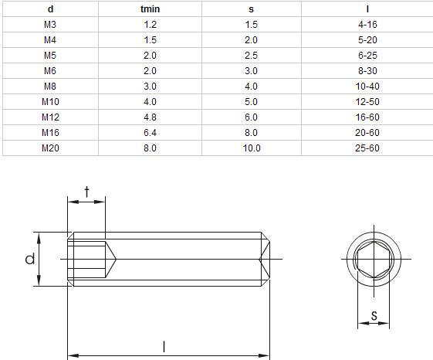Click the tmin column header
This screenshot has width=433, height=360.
point(150,9)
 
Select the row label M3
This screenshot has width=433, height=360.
point(50,25)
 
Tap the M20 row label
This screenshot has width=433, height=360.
point(50,148)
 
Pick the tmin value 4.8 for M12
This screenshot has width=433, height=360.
point(150,117)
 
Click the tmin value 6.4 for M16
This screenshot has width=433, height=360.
point(150,133)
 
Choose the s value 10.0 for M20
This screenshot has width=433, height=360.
point(252,148)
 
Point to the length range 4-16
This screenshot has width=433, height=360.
point(367,25)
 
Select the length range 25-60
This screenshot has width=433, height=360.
point(367,148)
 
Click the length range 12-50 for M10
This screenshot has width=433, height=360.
point(367,102)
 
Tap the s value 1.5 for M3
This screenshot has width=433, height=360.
point(252,25)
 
